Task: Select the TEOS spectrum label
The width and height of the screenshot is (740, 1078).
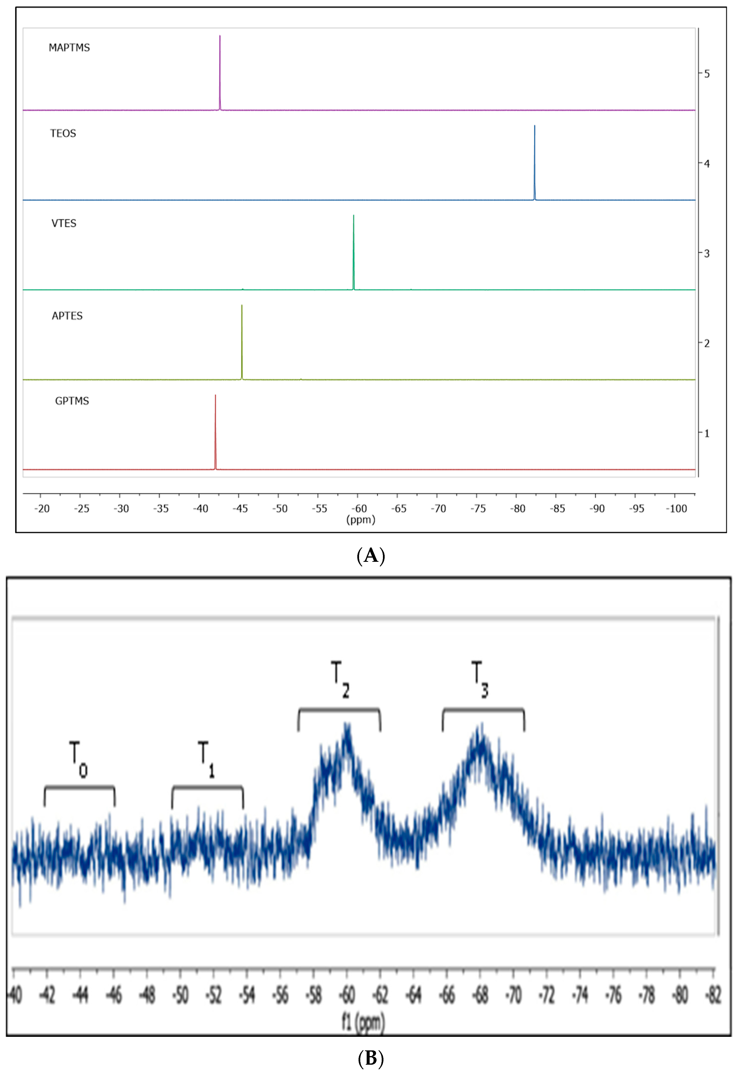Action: [63, 134]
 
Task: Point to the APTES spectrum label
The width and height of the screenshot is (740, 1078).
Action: [67, 316]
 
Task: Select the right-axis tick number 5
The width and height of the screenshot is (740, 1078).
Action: [707, 74]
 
